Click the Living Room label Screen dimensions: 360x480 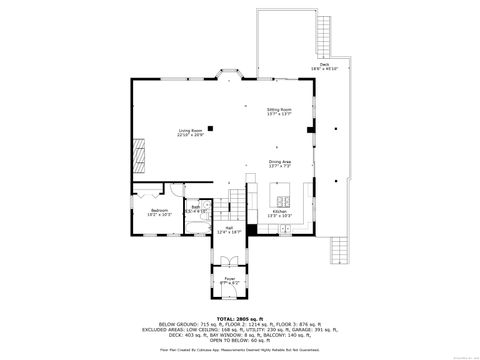coord(190,130)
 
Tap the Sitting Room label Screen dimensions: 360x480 coord(279,111)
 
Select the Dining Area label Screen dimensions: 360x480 coord(279,163)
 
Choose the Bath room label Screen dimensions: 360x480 coord(196,210)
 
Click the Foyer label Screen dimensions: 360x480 coord(230,280)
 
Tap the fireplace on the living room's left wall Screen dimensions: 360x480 coord(136,153)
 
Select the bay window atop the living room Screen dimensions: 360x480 coord(229,74)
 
